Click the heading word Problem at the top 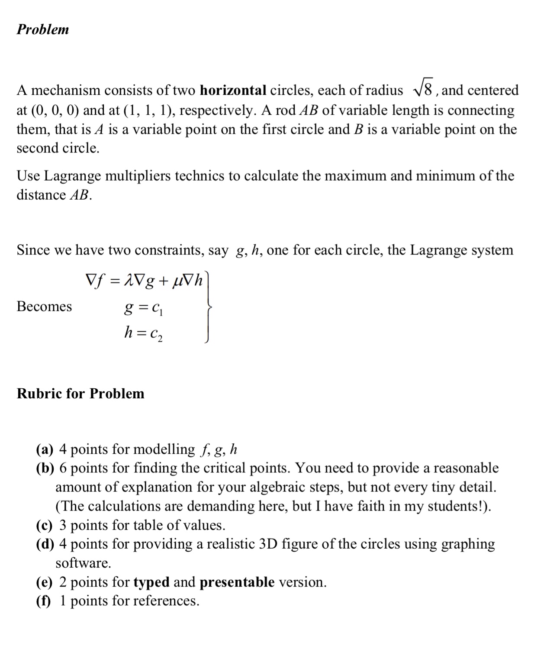click(42, 29)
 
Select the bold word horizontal click(233, 90)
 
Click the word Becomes click(44, 307)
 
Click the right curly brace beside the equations click(208, 307)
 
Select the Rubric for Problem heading click(80, 394)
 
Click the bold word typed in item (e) click(151, 583)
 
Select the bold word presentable click(237, 582)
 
